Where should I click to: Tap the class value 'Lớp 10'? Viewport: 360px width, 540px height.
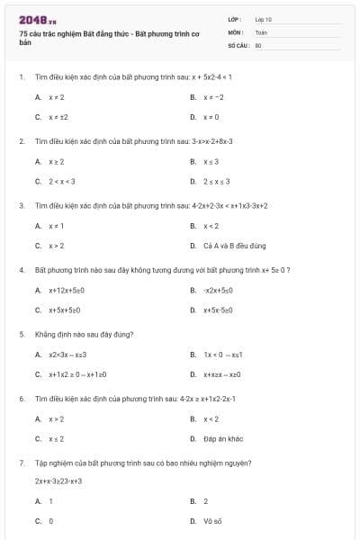(x=263, y=18)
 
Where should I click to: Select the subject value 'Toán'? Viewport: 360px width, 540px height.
(x=261, y=31)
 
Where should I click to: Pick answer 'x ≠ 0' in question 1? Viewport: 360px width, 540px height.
(x=211, y=117)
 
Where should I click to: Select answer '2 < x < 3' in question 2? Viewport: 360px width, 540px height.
(x=62, y=181)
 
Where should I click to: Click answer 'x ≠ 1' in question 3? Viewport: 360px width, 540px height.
(x=56, y=225)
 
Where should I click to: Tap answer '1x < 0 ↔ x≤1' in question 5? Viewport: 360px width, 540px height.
(x=222, y=355)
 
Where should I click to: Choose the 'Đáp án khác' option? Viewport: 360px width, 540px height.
(x=223, y=438)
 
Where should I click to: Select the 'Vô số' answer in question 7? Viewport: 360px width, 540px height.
(x=212, y=520)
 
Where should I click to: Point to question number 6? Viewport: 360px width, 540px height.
(x=22, y=398)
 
